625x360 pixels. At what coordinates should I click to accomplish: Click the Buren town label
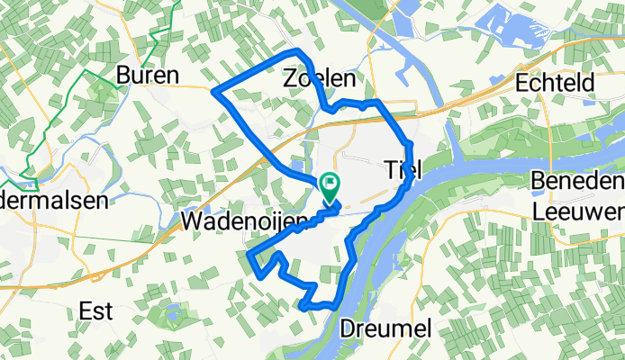click(x=149, y=74)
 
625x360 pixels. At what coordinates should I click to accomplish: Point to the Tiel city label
click(x=403, y=168)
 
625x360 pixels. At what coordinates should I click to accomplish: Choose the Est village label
click(x=96, y=310)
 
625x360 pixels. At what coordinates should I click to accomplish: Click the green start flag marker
click(x=330, y=186)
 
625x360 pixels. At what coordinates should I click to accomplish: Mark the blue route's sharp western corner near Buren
click(x=213, y=90)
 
